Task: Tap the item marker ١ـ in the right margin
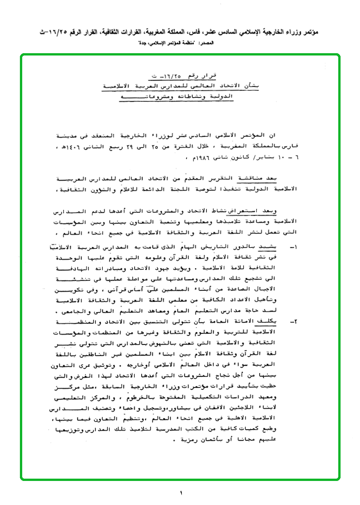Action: point(294,247)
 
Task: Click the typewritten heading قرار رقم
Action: point(200,75)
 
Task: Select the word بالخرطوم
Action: point(153,397)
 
